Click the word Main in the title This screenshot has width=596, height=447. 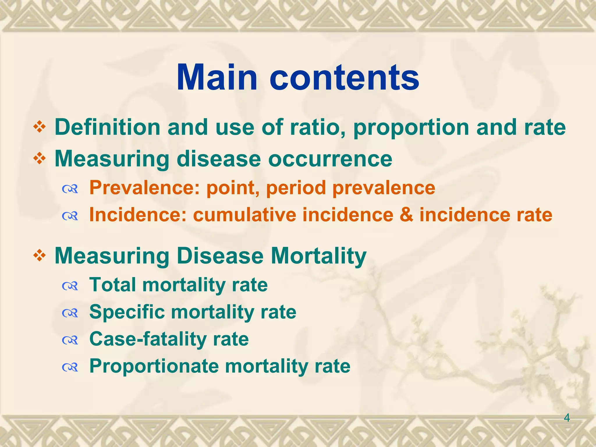217,77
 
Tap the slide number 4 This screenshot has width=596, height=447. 567,418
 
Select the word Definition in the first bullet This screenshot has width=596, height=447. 107,127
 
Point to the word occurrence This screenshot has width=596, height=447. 330,159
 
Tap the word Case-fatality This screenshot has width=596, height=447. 148,339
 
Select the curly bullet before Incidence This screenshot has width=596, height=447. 70,216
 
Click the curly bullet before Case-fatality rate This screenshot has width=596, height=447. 70,340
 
